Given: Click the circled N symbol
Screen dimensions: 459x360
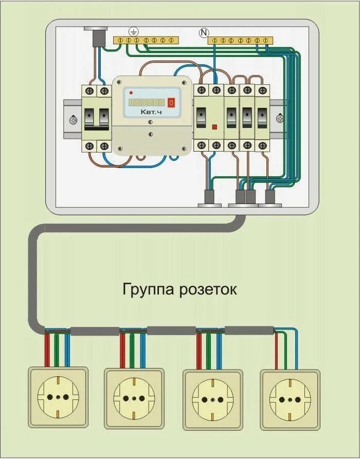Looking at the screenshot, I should [204, 33].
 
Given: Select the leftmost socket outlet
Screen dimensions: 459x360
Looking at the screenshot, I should [58, 397].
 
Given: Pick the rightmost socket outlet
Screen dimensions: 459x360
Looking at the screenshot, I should [290, 398].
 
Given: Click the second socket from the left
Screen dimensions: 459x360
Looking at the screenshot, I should [135, 398].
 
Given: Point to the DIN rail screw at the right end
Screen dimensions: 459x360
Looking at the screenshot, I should [280, 118].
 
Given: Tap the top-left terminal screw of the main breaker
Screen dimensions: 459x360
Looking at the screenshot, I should [91, 91].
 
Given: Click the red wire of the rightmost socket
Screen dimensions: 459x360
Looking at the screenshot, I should [276, 350].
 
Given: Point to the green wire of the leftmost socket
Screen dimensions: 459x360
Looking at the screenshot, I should [57, 350].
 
